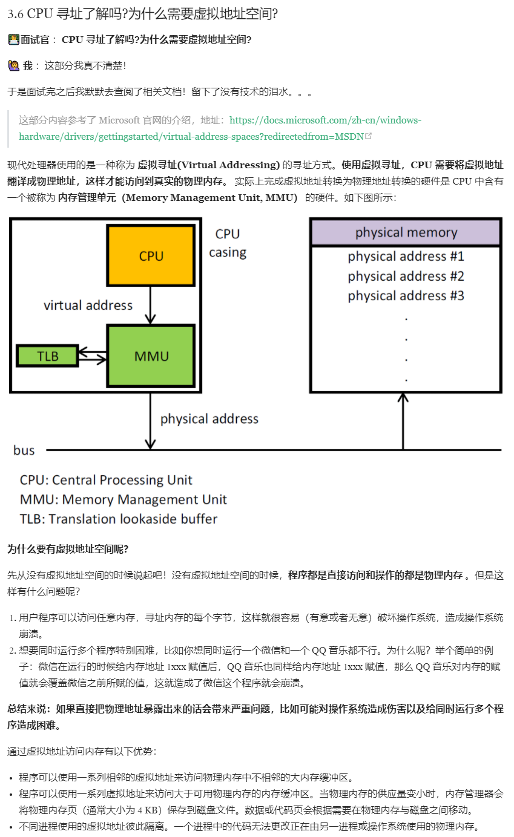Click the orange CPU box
151,255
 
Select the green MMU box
151,355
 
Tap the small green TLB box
47,356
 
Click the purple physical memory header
406,232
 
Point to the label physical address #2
406,277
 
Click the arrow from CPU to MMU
151,306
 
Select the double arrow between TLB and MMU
93,356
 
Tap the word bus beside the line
24,450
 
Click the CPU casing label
228,243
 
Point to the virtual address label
88,305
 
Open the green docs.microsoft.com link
325,120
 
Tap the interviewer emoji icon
13,40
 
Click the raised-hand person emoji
13,65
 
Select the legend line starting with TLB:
118,519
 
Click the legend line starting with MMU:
123,499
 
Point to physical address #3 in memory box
406,296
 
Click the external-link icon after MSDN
368,136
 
